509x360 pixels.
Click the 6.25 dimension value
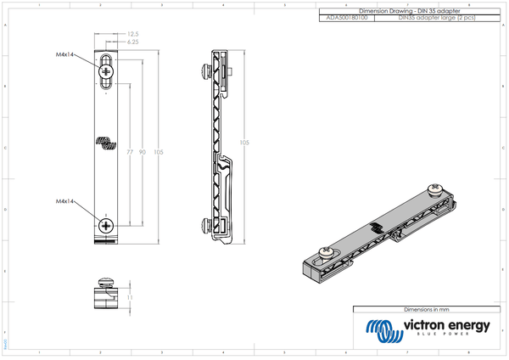coord(134,42)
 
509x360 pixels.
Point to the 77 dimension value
coord(130,152)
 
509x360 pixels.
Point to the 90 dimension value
coord(143,152)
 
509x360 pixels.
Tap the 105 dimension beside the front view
coord(159,152)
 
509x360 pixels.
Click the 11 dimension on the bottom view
coord(129,298)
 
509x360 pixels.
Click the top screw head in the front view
coord(106,72)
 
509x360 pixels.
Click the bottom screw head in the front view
coord(106,225)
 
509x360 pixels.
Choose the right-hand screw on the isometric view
coord(435,188)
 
